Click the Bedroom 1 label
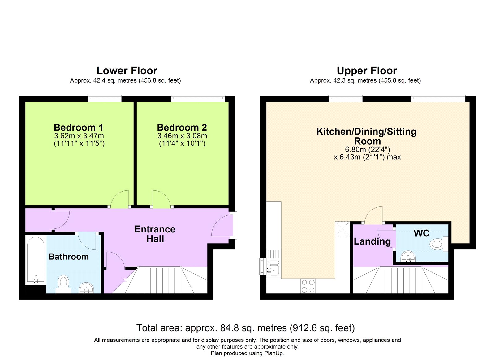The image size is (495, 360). coord(79,128)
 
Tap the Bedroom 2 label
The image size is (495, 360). coord(182,128)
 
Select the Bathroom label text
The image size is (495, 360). coord(69,257)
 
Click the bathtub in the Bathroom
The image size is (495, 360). coord(36,260)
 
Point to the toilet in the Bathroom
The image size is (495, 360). coord(63,284)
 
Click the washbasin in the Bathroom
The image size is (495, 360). coord(87,288)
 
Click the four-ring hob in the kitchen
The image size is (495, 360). coord(308,286)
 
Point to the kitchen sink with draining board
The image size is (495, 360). coord(273,263)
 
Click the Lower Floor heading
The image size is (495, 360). coord(127,71)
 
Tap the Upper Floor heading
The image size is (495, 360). coord(367,71)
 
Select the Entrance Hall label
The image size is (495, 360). coord(155,234)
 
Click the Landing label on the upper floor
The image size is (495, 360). coord(372,241)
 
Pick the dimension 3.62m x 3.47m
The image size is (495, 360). coord(79,136)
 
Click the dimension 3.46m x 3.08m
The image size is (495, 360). coord(182,136)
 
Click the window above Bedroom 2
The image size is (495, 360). coord(198,99)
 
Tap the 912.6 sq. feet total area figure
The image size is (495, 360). coord(322,328)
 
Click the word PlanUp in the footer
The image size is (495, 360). coord(274,353)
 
